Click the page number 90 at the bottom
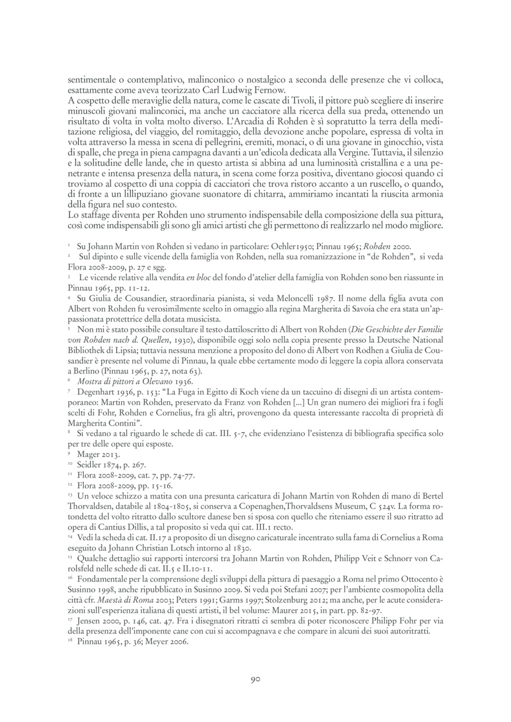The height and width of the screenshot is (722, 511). click(x=255, y=679)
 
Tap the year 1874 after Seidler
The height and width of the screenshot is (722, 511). click(x=112, y=465)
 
